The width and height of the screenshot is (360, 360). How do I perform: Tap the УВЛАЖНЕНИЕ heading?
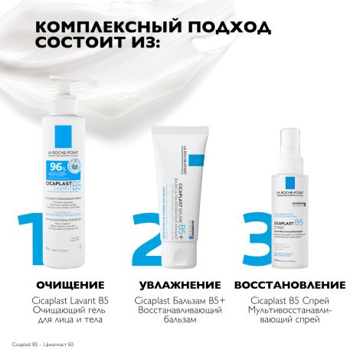pos(176,285)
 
